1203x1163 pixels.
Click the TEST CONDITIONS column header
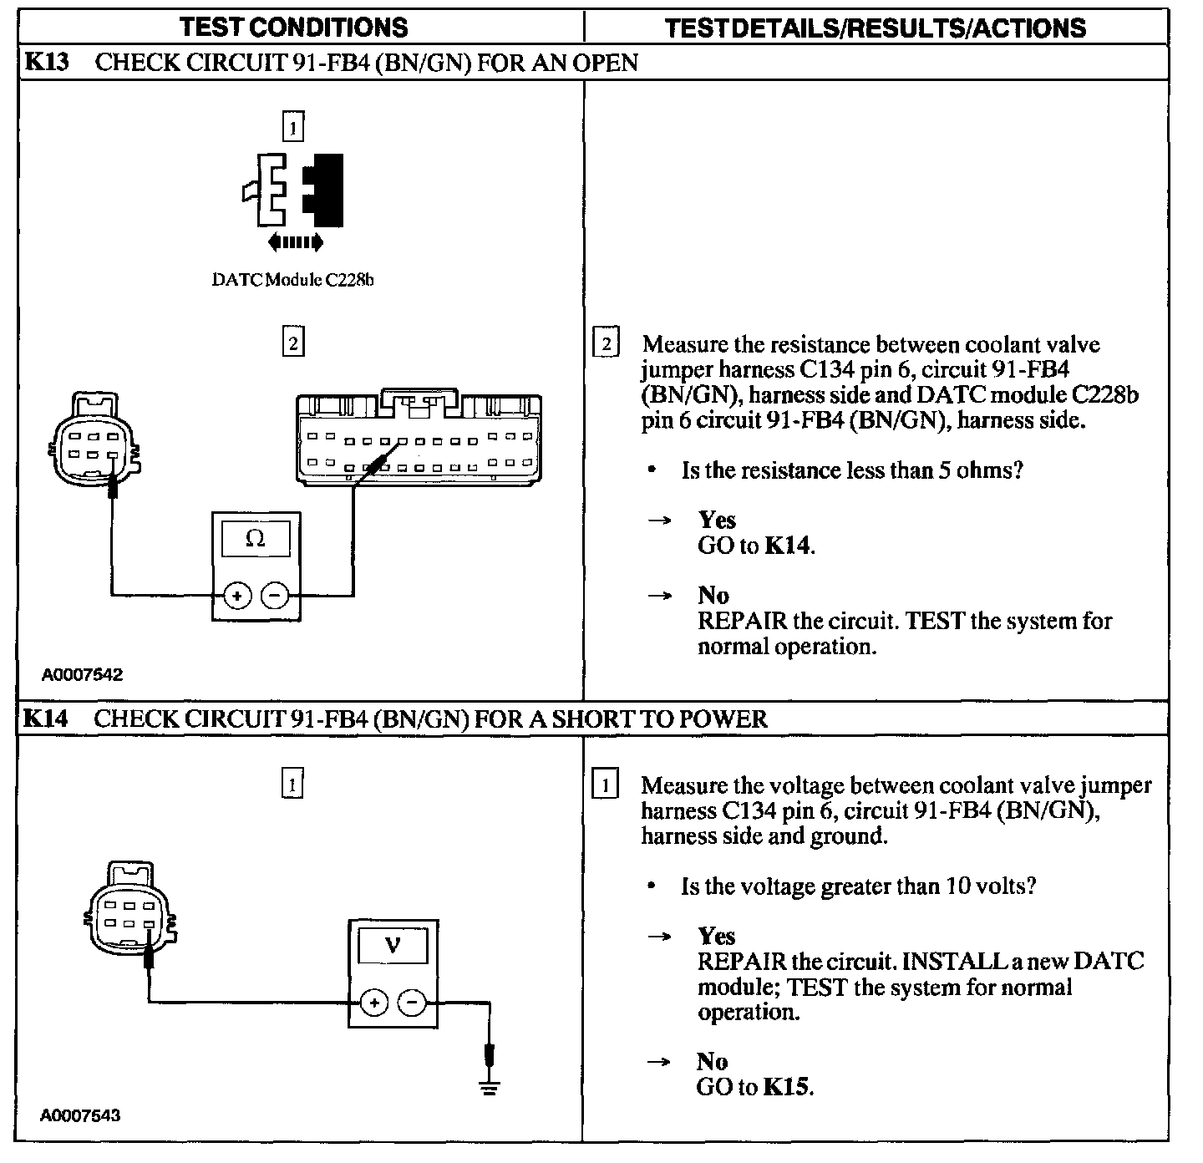coord(294,27)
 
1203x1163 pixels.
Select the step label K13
coord(47,63)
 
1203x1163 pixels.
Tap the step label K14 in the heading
coord(47,719)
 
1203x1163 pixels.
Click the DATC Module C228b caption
coord(292,280)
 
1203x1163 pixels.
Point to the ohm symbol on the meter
coord(256,539)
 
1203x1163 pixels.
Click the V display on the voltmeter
coord(393,945)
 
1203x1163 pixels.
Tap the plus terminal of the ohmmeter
coord(238,596)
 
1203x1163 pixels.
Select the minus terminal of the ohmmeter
coord(275,596)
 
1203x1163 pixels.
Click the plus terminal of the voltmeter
coord(374,1002)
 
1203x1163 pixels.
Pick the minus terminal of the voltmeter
coord(412,1002)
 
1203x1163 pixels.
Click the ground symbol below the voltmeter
coord(490,1086)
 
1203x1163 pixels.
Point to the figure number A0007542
coord(82,675)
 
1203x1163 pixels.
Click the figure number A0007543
coord(80,1115)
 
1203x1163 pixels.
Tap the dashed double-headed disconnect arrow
coord(295,243)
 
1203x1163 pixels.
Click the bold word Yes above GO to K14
coord(717,520)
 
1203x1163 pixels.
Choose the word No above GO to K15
coord(713,1061)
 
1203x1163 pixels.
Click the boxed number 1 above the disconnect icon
coord(292,128)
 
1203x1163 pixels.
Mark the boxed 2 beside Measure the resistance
coord(606,343)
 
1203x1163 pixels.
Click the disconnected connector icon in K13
coord(294,190)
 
